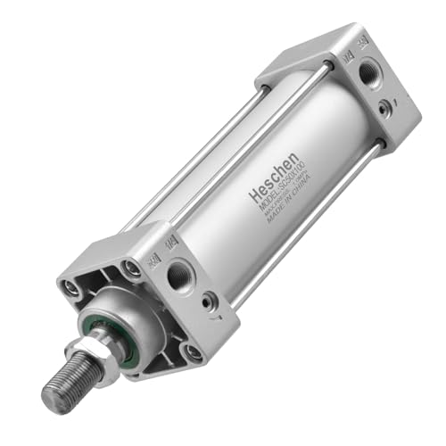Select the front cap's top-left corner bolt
[70, 286]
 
